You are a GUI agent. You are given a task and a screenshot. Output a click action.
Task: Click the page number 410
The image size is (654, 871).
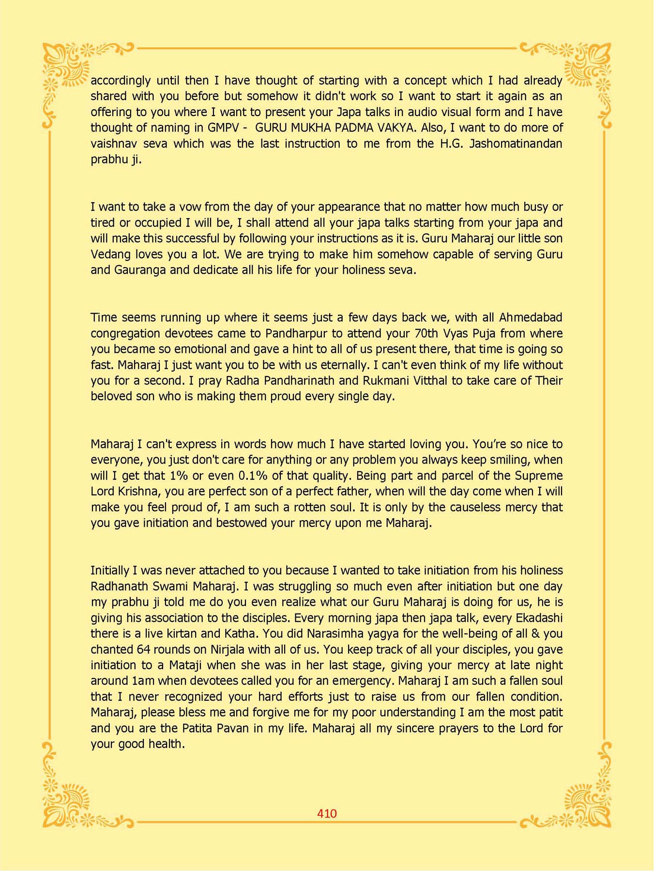[327, 813]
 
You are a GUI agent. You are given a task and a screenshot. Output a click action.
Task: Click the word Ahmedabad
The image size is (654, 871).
[531, 317]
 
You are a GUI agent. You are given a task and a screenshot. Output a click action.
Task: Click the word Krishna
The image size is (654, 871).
[138, 492]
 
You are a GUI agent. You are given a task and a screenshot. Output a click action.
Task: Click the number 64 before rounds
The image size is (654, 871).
[144, 649]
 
